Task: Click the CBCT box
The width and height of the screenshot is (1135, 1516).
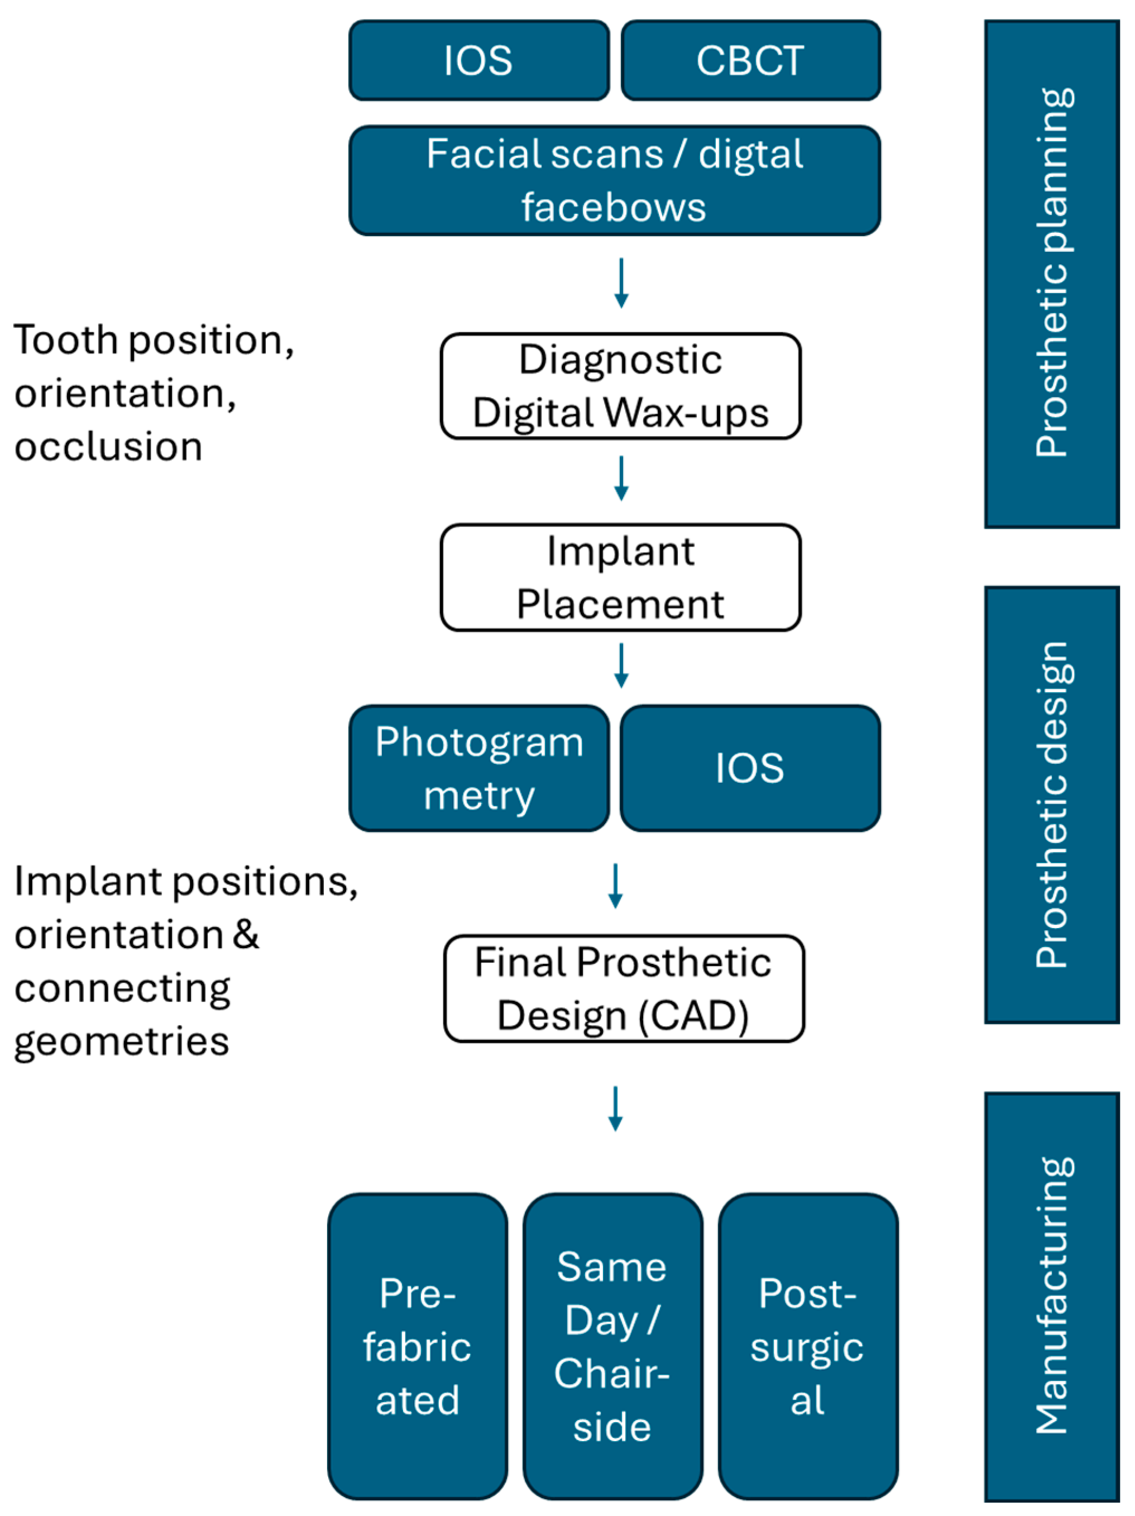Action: point(750,60)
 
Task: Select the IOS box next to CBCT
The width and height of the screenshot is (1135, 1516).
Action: point(478,60)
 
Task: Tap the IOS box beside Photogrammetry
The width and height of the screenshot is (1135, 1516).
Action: point(750,768)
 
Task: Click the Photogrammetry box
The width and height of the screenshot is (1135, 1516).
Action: point(478,768)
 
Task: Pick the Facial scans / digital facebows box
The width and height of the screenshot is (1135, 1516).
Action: point(614,180)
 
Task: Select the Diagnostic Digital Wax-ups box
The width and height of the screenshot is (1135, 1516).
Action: point(620,386)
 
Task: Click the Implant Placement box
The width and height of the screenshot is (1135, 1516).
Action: point(620,577)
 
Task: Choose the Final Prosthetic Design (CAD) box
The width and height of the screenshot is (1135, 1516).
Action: point(623,988)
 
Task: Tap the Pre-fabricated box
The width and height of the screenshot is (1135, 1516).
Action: point(418,1346)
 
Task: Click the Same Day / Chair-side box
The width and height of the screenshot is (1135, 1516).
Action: point(612,1346)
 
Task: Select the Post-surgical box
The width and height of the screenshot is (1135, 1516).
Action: point(807,1346)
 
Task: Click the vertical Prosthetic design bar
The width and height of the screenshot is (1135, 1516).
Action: point(1051,805)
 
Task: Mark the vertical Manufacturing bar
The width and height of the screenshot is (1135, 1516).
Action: point(1051,1296)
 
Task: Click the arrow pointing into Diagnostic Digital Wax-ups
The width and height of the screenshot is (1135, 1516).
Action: point(621,283)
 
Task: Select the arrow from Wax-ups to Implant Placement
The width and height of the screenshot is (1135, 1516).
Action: point(621,477)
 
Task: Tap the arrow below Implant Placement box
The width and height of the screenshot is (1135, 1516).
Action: point(621,665)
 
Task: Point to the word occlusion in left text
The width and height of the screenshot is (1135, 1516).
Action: point(108,447)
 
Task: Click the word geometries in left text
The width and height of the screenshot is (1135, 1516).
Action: point(121,1042)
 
